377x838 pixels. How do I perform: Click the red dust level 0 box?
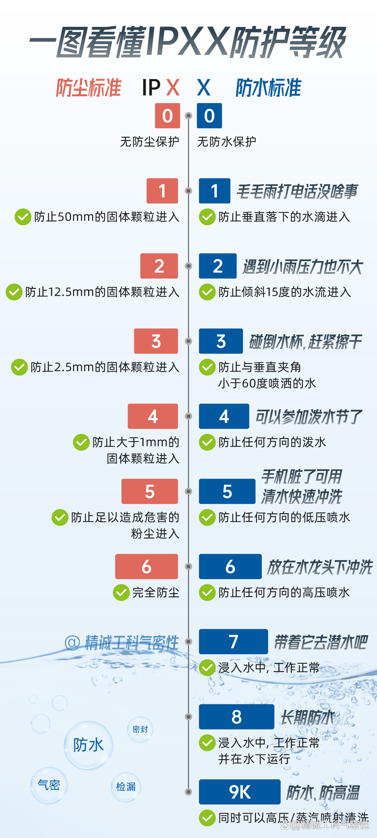click(167, 116)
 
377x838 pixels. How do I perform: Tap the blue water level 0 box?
click(209, 116)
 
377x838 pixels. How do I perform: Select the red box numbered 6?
click(146, 566)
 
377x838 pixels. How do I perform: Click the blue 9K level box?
click(240, 792)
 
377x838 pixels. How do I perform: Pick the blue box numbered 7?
click(233, 642)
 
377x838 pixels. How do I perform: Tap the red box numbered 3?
click(156, 341)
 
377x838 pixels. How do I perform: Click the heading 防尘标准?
click(88, 88)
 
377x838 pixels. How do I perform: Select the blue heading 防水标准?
click(268, 88)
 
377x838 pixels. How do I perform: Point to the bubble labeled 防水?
click(88, 745)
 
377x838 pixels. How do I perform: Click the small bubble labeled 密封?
click(140, 729)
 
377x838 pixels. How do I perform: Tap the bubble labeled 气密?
click(49, 785)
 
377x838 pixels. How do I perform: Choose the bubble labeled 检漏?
click(126, 787)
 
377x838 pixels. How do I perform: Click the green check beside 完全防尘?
click(121, 593)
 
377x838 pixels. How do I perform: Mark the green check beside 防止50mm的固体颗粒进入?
click(23, 217)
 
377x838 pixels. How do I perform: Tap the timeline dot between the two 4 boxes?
click(189, 416)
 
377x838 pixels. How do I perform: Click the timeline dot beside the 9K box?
click(189, 792)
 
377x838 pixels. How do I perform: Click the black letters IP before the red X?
click(151, 88)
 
